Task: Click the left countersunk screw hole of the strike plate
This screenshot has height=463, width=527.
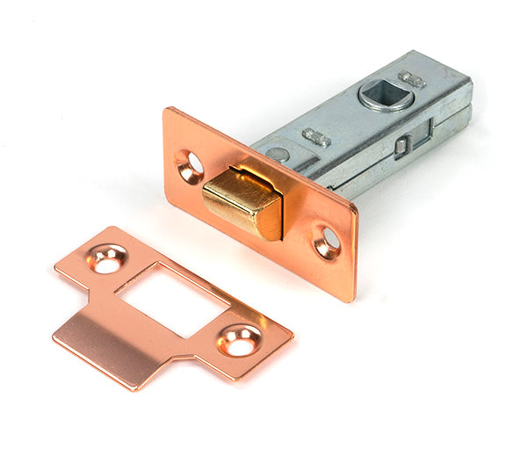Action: point(109,260)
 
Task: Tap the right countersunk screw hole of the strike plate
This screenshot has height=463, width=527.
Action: point(239,340)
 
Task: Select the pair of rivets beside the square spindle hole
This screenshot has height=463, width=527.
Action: point(413,80)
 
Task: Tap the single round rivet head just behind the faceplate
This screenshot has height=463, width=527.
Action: point(278,154)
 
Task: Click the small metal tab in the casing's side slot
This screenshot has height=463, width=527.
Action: point(402,147)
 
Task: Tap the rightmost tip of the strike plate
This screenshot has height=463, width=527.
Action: point(292,334)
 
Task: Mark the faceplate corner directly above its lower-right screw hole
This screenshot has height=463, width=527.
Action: point(356,209)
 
